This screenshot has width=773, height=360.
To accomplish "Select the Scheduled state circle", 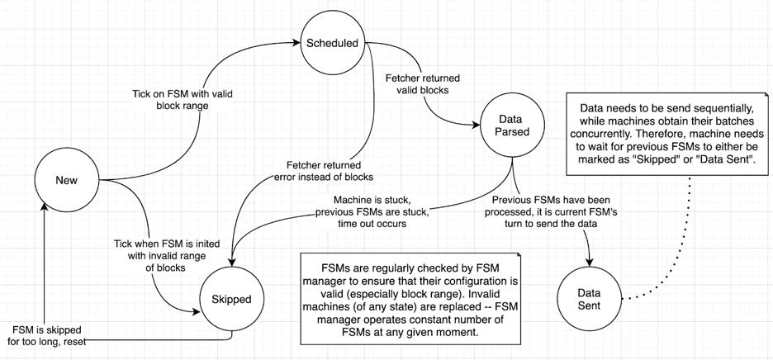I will (331, 42).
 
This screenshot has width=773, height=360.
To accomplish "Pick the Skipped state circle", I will (231, 298).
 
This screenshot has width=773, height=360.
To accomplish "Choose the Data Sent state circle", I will (589, 298).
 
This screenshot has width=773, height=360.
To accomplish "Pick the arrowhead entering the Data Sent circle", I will (589, 263).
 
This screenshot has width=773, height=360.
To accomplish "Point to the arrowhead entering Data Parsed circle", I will (477, 125).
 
